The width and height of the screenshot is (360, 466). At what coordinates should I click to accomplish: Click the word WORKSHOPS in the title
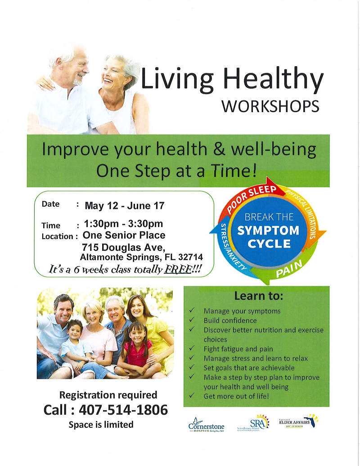point(270,107)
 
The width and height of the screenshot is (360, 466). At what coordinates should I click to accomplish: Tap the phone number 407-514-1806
point(123,410)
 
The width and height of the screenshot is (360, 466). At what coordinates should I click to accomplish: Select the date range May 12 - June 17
point(125,206)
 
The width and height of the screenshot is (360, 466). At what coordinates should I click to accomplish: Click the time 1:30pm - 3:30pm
point(123,224)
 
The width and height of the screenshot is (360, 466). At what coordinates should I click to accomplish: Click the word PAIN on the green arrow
point(286,271)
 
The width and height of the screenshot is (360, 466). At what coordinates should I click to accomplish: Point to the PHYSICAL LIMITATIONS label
point(308,211)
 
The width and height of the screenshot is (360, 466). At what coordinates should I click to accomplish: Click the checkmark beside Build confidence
point(192,321)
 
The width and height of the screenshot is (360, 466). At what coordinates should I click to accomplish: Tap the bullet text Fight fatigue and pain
point(238,348)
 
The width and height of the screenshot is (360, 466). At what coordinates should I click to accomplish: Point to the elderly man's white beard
point(77,81)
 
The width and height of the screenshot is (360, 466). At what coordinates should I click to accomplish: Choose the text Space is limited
point(101,424)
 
